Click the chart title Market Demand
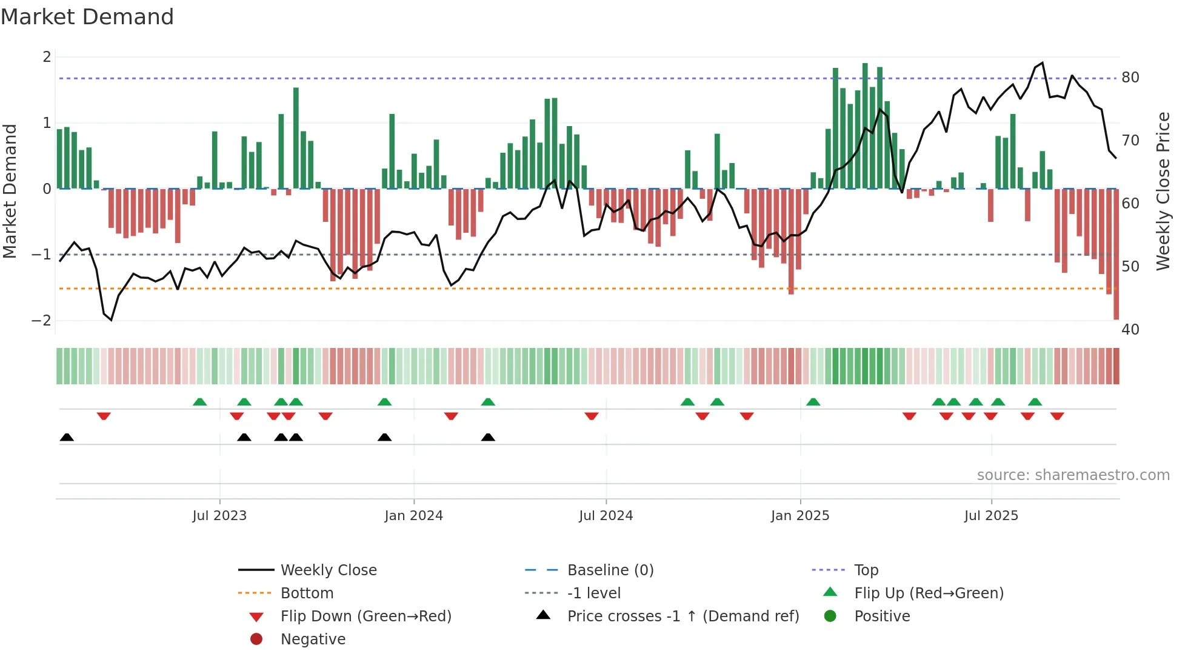click(x=87, y=17)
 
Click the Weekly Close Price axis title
click(x=1163, y=191)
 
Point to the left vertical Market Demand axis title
click(x=10, y=191)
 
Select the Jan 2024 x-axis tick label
click(x=413, y=516)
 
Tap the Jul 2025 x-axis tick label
click(x=991, y=516)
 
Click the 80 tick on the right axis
click(x=1130, y=78)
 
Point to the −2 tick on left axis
click(x=41, y=321)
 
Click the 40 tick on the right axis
click(x=1130, y=330)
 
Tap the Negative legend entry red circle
click(x=256, y=640)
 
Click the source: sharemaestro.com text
click(x=1073, y=475)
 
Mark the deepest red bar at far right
click(x=1116, y=255)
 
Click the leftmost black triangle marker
click(x=67, y=438)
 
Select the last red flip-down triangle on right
click(x=1057, y=416)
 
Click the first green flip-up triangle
click(x=199, y=402)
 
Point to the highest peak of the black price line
click(x=1042, y=63)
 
